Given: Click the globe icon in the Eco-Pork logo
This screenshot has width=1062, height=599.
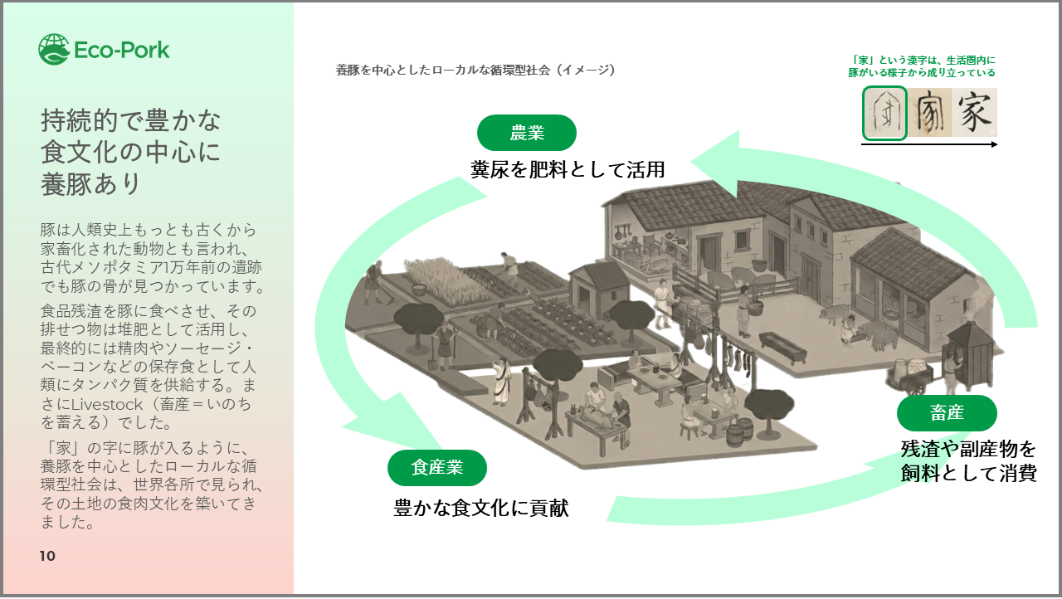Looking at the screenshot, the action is [54, 50].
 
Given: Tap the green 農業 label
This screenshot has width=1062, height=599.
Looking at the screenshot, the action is [527, 133].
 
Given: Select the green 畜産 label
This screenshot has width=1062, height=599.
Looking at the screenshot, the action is [947, 413].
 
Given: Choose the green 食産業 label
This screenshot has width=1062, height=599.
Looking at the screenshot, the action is [437, 468].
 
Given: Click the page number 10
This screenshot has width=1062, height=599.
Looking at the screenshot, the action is [47, 556].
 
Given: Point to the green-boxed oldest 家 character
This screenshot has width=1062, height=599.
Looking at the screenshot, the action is [884, 113].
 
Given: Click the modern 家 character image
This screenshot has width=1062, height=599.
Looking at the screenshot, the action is [974, 113].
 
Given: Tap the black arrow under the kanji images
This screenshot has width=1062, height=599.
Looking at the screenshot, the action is [929, 144].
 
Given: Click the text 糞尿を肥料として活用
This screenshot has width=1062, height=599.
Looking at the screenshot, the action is [568, 169].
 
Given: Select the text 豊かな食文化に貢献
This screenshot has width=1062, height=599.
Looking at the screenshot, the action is [481, 508].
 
